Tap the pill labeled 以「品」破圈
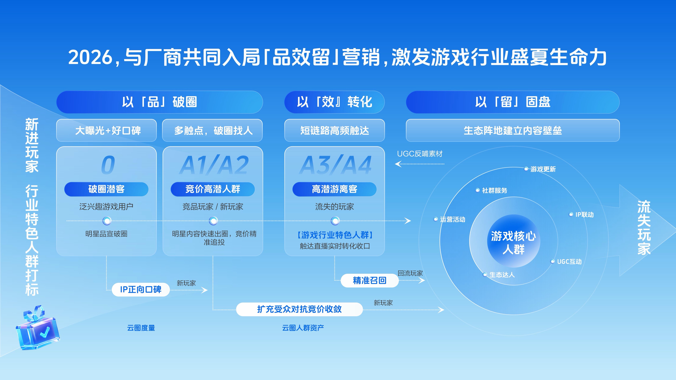[x=160, y=102]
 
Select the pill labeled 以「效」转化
[x=335, y=102]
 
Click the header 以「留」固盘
[x=513, y=102]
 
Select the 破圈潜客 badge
[x=106, y=189]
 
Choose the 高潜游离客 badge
[x=335, y=189]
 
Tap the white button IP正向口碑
[x=141, y=289]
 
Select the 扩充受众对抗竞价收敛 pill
[x=299, y=309]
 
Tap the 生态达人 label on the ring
[x=502, y=275]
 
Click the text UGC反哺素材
[x=420, y=154]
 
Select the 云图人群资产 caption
[x=303, y=328]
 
